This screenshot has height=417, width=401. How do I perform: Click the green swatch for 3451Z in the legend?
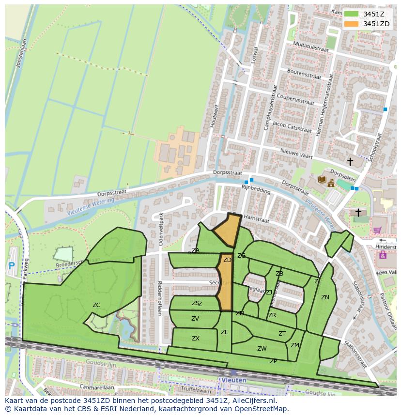click(351, 14)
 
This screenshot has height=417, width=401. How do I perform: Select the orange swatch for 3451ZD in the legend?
click(351, 24)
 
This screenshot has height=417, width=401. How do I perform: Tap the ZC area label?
click(96, 305)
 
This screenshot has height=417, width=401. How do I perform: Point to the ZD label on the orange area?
click(227, 260)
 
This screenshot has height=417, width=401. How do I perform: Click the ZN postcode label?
click(325, 297)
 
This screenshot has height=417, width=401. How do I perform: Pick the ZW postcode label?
click(262, 349)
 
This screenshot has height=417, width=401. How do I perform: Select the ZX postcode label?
click(196, 339)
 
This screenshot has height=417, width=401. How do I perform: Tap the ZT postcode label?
click(282, 334)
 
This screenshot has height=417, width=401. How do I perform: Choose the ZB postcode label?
click(279, 274)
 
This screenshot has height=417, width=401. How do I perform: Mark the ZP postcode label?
click(274, 361)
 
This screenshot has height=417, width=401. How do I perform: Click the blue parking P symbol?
click(12, 265)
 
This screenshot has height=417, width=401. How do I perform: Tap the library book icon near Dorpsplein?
click(322, 180)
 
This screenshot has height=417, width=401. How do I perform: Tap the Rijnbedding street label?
click(257, 190)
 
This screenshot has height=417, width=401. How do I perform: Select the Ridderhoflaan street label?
click(159, 298)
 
